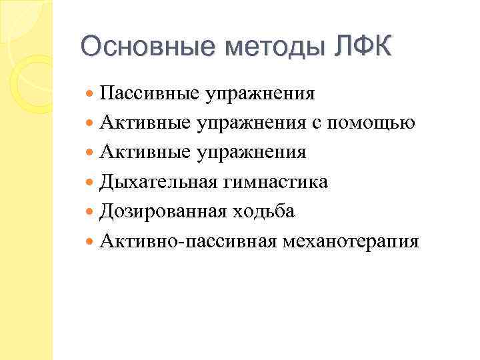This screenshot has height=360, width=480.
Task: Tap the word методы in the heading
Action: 267,47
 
